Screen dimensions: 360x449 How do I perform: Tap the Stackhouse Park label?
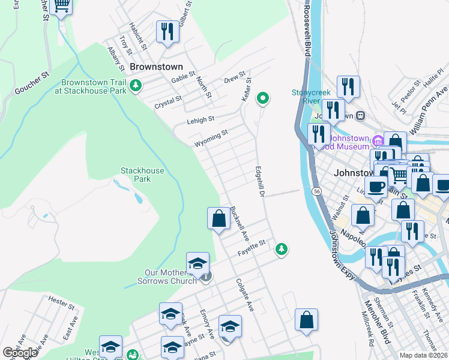point(142,175)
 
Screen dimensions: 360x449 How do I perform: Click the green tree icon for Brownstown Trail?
point(136,86)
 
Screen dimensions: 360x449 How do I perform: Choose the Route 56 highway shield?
point(316,191)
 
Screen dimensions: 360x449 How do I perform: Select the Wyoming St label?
point(211,139)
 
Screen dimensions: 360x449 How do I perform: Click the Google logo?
point(20,353)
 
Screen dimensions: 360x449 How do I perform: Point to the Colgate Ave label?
point(245,295)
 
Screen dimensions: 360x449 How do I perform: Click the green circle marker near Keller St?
point(262,98)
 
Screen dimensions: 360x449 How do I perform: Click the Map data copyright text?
point(424,355)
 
